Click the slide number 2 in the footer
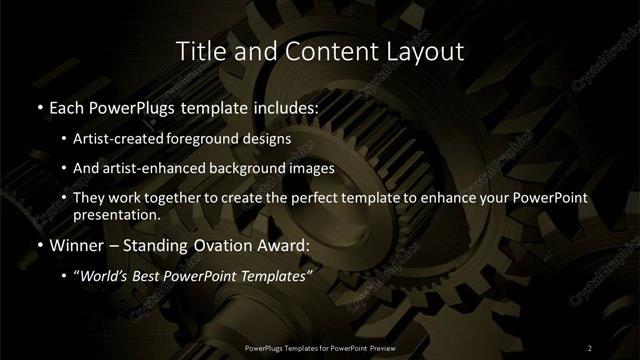(590, 347)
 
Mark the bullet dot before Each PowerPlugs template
(39, 105)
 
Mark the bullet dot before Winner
(39, 245)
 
